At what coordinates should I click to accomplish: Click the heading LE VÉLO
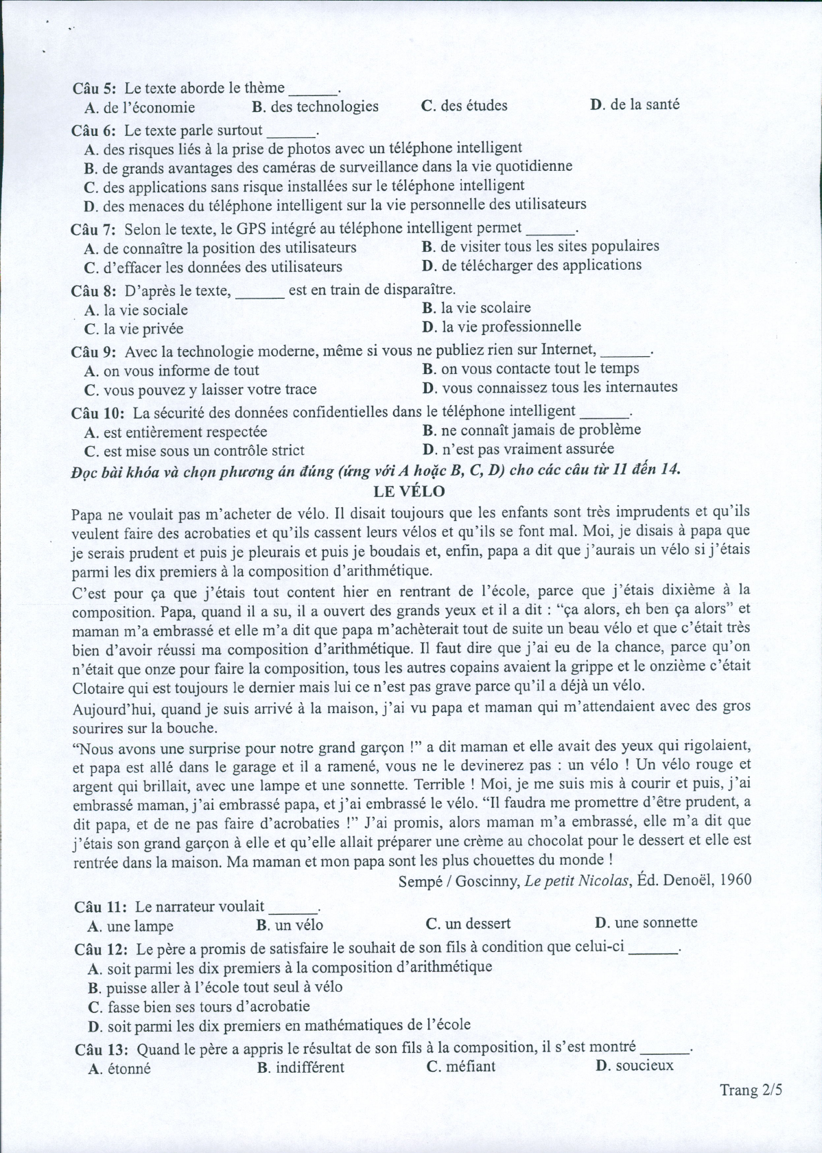[x=409, y=491]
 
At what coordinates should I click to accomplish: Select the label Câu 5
[x=95, y=88]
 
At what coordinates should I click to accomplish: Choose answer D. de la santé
[x=635, y=104]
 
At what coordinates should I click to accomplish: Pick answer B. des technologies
[x=315, y=106]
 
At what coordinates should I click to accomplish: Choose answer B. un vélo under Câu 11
[x=290, y=925]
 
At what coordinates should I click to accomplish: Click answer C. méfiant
[x=460, y=1067]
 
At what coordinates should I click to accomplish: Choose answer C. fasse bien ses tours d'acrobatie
[x=199, y=1007]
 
